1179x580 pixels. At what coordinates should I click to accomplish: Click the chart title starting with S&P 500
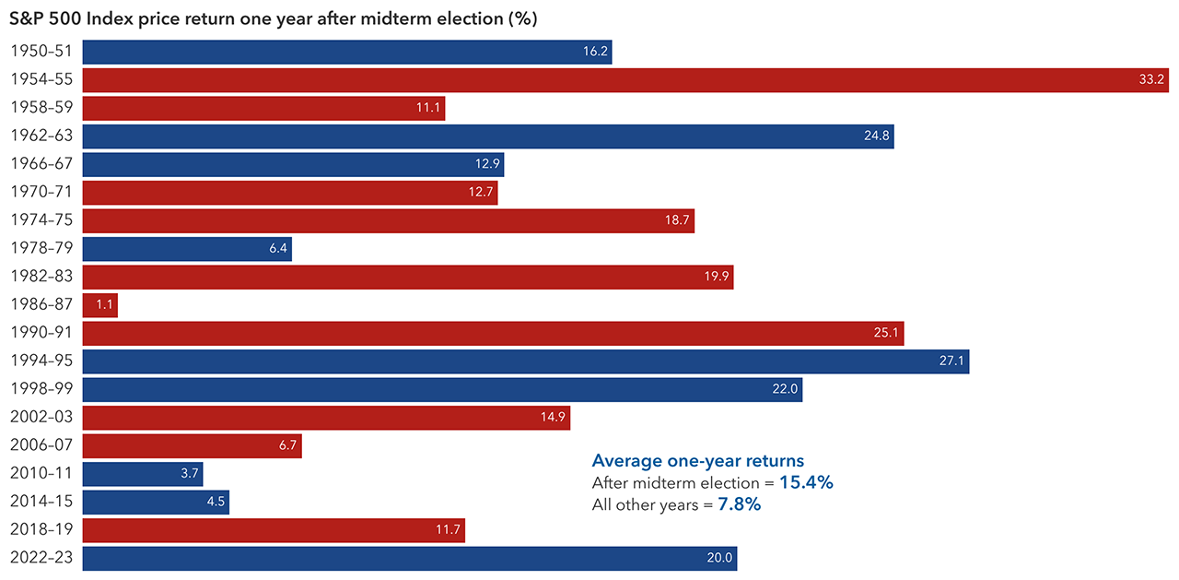273,18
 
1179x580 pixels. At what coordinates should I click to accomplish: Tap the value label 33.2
1151,80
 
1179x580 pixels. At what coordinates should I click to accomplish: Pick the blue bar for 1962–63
488,136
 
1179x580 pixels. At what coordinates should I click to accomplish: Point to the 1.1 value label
102,305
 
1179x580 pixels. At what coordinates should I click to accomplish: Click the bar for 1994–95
525,361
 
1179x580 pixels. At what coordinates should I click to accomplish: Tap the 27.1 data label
951,361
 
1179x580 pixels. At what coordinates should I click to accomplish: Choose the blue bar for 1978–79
187,249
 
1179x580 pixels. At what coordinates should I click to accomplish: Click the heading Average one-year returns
697,461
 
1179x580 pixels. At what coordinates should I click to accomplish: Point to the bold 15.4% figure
806,482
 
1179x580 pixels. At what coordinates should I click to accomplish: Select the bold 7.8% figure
739,504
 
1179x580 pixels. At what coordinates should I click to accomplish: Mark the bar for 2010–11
143,474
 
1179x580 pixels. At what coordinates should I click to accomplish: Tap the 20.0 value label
718,559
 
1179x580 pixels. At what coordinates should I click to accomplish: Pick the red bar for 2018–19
274,530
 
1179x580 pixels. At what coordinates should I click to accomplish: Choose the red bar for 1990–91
493,333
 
